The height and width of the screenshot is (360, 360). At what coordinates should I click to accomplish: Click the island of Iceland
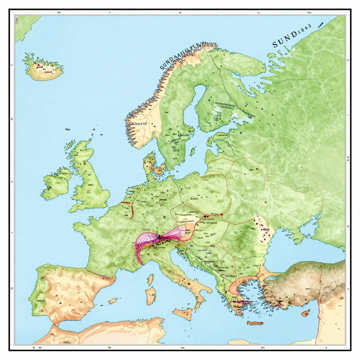coord(44,69)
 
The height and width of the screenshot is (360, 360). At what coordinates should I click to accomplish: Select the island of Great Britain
coord(88,179)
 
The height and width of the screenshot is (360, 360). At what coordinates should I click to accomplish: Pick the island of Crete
coord(255,323)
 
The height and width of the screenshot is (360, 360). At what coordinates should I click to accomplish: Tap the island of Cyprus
coord(305,313)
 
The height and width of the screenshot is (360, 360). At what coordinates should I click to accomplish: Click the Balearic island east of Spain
coord(113,301)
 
